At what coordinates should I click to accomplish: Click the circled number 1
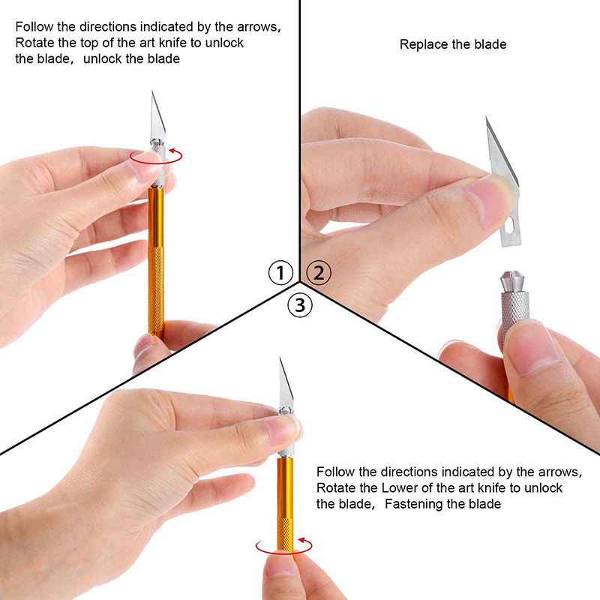click(280, 272)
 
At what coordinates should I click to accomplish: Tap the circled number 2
click(319, 272)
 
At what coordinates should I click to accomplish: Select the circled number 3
click(300, 305)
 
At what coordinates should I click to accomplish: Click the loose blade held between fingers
click(503, 184)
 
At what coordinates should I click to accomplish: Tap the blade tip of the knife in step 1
click(153, 91)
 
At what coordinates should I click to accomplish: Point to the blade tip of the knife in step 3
click(280, 358)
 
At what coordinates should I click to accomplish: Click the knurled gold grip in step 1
click(156, 291)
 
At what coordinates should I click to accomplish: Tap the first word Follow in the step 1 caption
click(34, 27)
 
